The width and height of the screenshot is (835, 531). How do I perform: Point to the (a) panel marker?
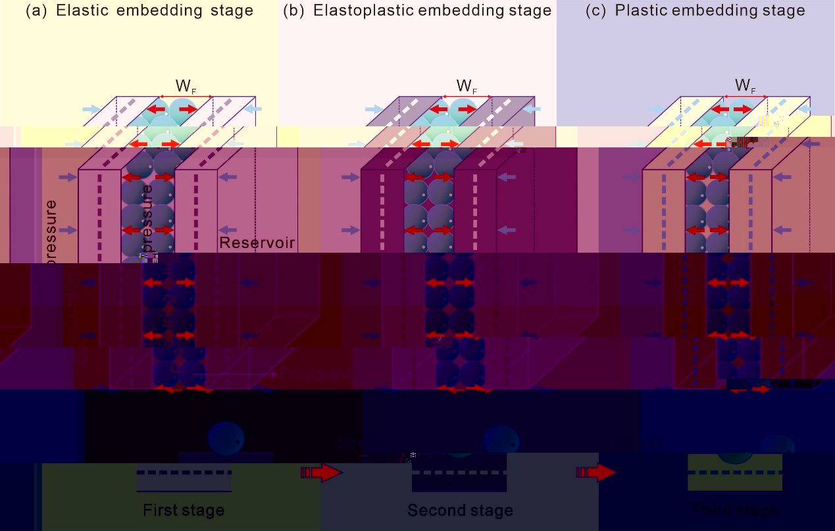(x=36, y=11)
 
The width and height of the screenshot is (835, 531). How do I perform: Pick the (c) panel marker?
(x=596, y=11)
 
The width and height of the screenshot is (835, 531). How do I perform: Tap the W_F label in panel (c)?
(x=745, y=86)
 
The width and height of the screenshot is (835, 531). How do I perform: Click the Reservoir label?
(x=257, y=243)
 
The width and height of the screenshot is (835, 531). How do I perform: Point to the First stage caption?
(x=184, y=510)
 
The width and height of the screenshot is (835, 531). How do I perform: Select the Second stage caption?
(x=460, y=510)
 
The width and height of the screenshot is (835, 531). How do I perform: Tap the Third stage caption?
(x=735, y=510)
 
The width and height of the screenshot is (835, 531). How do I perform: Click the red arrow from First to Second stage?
(x=322, y=472)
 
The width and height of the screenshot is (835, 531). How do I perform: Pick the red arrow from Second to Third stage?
(x=596, y=472)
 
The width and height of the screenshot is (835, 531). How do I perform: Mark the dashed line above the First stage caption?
(x=184, y=472)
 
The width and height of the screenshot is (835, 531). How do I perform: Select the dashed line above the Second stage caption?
(x=459, y=472)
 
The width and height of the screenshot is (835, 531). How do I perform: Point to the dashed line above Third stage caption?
(x=735, y=472)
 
